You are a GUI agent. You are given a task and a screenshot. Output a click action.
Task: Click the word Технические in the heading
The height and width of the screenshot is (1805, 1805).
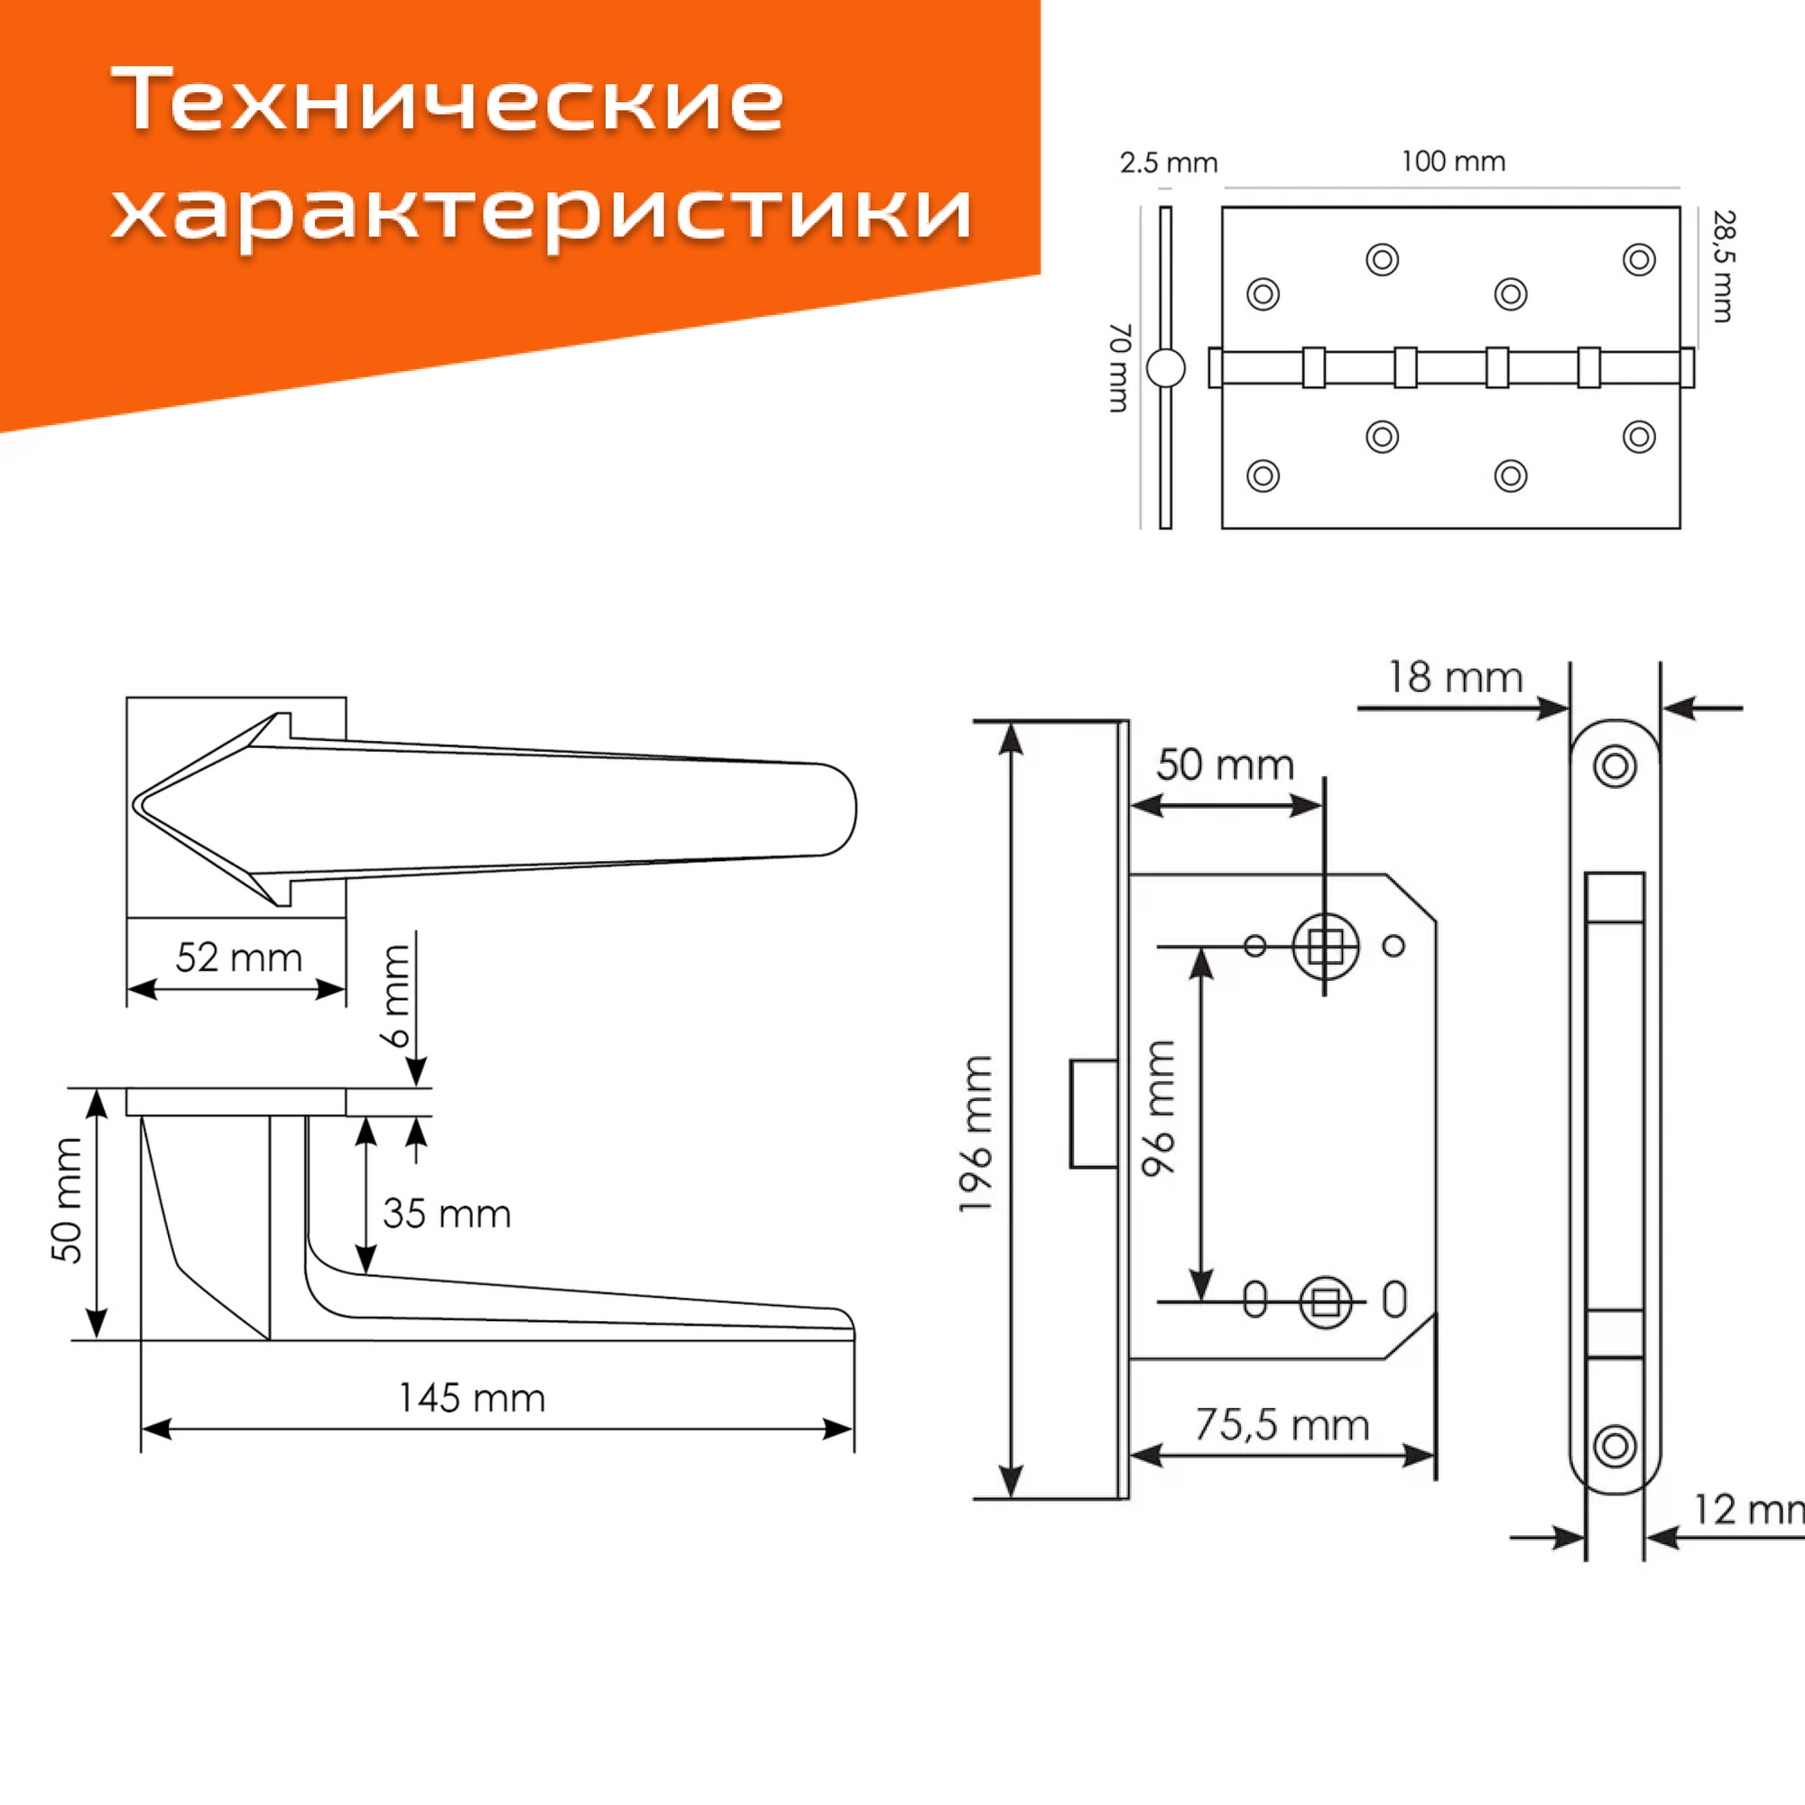click(x=447, y=100)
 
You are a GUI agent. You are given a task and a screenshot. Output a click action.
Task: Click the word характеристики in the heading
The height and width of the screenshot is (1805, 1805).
click(x=541, y=210)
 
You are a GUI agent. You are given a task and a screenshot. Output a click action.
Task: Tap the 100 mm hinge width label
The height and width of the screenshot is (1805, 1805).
click(x=1453, y=162)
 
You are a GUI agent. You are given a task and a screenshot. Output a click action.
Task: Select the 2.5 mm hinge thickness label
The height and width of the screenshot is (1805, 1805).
click(x=1168, y=163)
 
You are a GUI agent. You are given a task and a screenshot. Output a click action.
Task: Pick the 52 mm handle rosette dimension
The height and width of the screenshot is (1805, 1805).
click(x=238, y=958)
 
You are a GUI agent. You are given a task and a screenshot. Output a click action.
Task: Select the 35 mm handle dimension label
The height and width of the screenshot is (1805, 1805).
click(x=447, y=1214)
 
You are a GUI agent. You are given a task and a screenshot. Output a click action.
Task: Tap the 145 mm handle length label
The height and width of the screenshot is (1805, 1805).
click(x=472, y=1398)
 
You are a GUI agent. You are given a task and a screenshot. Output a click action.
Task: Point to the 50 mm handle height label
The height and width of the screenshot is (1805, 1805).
click(x=68, y=1200)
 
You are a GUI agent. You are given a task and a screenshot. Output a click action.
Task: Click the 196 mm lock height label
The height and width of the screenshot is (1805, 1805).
click(x=976, y=1134)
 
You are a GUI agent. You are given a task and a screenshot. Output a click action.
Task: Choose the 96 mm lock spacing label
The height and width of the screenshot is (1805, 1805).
click(x=1159, y=1107)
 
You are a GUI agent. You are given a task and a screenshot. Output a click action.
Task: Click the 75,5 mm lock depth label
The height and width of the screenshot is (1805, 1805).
click(x=1282, y=1425)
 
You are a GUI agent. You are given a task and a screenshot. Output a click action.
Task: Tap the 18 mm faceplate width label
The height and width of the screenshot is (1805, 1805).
click(x=1455, y=678)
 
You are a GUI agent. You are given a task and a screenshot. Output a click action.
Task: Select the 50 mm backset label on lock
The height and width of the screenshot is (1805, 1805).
click(x=1225, y=765)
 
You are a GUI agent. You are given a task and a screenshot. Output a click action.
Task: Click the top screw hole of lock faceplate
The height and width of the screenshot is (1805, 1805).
click(x=1615, y=766)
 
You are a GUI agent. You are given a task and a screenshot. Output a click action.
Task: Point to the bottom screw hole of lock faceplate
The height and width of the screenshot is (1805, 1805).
click(x=1615, y=1445)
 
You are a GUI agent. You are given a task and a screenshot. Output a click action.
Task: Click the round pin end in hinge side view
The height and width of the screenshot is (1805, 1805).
click(x=1165, y=368)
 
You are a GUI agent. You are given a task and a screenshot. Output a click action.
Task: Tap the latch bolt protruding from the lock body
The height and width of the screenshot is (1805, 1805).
click(x=1094, y=1114)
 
